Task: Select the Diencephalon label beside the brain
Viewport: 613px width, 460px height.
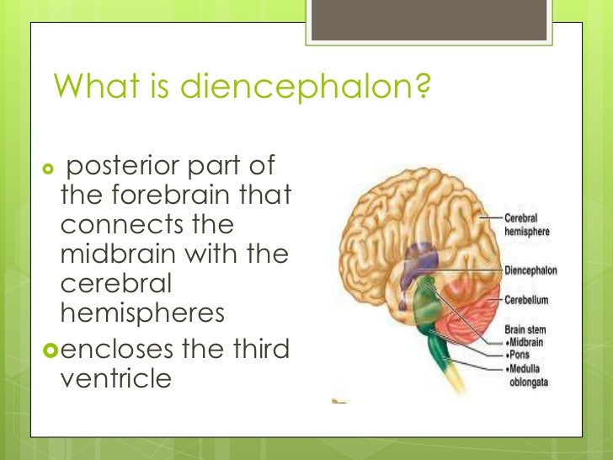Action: coord(530,271)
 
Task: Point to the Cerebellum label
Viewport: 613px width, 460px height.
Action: coord(527,300)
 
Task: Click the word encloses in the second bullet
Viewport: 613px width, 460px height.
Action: coord(127,347)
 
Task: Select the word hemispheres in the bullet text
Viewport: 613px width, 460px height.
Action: coord(142,312)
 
